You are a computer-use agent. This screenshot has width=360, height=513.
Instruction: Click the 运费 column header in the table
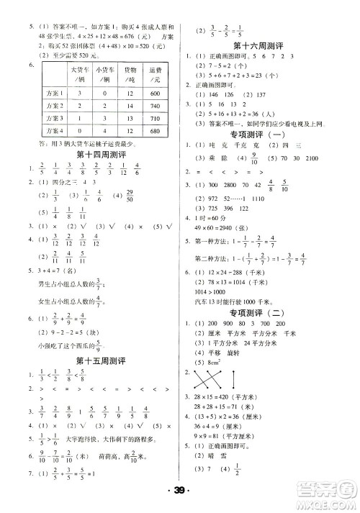pyautogui.click(x=153, y=75)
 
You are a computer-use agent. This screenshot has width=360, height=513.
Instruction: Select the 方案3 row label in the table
pyautogui.click(x=53, y=119)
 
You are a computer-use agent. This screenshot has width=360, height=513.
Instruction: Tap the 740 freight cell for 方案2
pyautogui.click(x=153, y=105)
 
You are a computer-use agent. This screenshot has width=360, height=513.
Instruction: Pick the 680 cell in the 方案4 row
pyautogui.click(x=153, y=132)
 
